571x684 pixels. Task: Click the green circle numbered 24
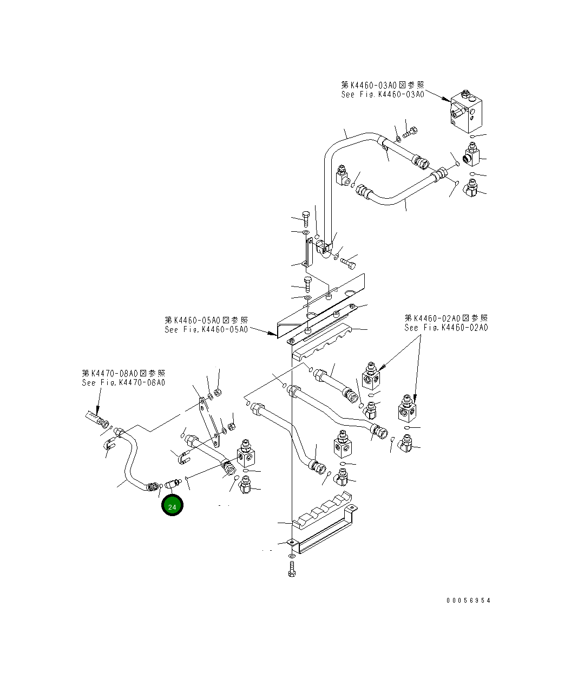click(172, 505)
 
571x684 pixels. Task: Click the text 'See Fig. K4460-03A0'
click(383, 95)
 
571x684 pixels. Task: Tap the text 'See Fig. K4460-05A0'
click(206, 330)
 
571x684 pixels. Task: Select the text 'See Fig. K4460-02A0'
click(447, 328)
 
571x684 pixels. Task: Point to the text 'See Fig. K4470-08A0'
click(123, 383)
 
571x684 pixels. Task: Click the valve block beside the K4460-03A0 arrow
click(467, 112)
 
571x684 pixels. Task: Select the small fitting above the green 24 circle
click(173, 483)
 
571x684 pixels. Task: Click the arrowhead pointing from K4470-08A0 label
click(97, 410)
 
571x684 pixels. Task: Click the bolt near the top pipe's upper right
click(410, 132)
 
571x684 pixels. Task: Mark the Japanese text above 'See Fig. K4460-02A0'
click(447, 318)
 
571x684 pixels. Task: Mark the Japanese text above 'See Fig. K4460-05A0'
click(206, 320)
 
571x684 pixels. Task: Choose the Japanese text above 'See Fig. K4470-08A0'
click(123, 373)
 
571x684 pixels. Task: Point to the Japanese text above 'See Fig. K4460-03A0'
click(383, 85)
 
